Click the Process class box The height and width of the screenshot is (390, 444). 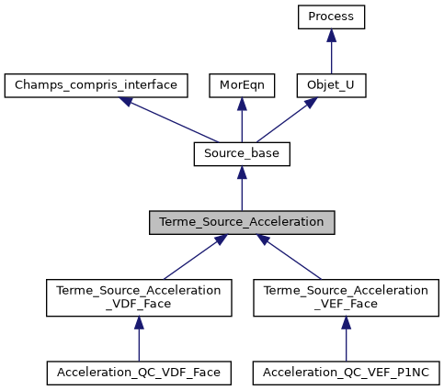pos(331,17)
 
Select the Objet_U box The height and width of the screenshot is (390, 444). pos(331,85)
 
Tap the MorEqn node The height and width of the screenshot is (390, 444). pos(241,85)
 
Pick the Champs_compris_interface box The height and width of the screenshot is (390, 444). pos(97,85)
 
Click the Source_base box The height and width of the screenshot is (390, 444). pos(242,154)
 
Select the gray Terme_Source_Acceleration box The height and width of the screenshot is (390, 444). pos(242,223)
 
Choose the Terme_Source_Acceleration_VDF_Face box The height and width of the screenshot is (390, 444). pos(139,298)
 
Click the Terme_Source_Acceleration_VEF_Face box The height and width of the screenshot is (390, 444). pos(346,298)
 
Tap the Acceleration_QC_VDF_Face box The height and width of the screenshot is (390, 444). pos(139,373)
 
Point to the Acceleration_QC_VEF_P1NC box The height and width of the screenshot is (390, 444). pos(346,373)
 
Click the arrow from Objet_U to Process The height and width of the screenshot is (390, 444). pos(331,53)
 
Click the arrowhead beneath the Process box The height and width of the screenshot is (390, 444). pos(331,35)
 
